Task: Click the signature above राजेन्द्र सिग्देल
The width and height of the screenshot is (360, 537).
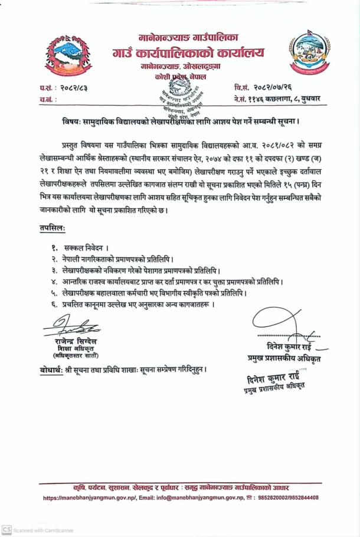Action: tap(70, 326)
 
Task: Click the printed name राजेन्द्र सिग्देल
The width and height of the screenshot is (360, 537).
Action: tap(73, 342)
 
